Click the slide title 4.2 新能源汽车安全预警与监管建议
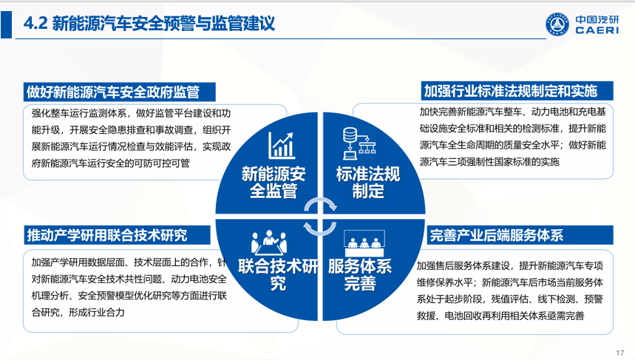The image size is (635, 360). pos(149,24)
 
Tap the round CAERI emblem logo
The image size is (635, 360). pos(557,24)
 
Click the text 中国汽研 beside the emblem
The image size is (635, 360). pos(597,19)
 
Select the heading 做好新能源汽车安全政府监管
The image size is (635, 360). pos(113,92)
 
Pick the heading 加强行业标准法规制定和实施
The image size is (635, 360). pos(510,91)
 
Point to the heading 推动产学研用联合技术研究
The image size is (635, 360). pos(107,235)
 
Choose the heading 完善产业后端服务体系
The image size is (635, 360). pos(497,235)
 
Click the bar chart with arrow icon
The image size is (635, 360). pos(282,146)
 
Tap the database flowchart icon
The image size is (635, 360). pos(359,143)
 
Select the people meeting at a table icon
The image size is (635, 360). pos(269,242)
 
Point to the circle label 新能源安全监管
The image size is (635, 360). pos(274,183)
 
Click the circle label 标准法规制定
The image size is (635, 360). pos(368,183)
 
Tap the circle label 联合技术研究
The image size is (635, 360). pos(278,274)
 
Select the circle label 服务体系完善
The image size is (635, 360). pos(360,274)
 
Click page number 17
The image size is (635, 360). pos(620,353)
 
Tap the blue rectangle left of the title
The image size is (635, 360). pos(6,24)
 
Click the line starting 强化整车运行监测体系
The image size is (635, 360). pos(131,113)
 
